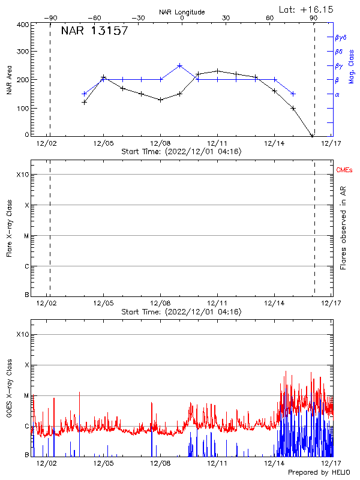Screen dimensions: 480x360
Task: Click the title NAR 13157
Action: click(94, 31)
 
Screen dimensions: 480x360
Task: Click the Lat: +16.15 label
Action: click(307, 9)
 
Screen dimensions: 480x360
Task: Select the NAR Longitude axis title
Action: click(182, 12)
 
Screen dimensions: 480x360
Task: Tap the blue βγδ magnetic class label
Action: click(341, 37)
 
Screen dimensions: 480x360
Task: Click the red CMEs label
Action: click(345, 171)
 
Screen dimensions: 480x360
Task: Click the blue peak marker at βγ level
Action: click(179, 65)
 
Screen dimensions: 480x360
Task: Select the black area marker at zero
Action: click(312, 136)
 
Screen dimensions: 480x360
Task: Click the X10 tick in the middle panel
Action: click(22, 175)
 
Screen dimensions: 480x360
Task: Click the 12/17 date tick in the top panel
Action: click(331, 144)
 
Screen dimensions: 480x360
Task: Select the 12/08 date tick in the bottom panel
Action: click(160, 463)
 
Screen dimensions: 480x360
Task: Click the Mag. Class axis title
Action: click(351, 66)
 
